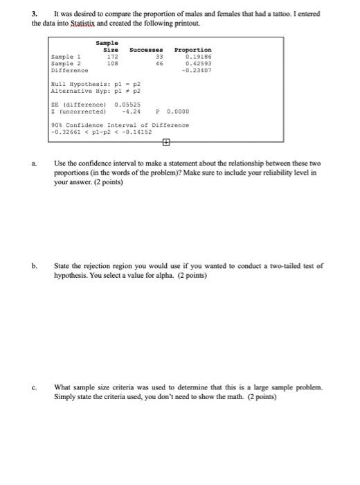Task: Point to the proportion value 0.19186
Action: [199, 56]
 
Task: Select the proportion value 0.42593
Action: [199, 63]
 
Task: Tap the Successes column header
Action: [147, 49]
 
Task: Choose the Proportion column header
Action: [193, 49]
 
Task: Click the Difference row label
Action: [70, 70]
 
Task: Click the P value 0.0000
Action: [178, 111]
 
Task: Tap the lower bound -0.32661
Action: [67, 131]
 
